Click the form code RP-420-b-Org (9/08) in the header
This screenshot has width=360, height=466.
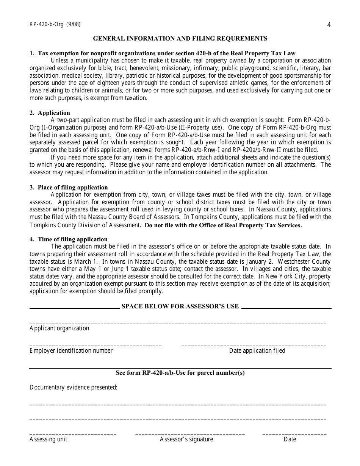point(55,25)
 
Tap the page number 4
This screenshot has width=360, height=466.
point(329,25)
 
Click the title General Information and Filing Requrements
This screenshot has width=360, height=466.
point(180,38)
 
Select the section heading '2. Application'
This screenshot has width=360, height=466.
point(50,113)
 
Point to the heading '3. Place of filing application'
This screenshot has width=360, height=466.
point(69,187)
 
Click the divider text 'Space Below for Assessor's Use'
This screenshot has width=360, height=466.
point(180,306)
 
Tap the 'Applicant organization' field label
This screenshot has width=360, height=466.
point(59,328)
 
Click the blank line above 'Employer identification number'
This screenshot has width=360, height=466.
point(95,346)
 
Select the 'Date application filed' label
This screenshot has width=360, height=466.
point(257,351)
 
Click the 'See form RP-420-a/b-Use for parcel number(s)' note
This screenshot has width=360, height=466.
point(180,372)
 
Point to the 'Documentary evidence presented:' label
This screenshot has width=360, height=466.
point(74,387)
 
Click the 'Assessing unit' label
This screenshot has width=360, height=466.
point(49,439)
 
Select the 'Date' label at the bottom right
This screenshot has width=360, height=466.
point(290,439)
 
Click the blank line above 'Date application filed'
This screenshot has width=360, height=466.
point(254,346)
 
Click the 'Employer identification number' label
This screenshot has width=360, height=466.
point(71,351)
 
